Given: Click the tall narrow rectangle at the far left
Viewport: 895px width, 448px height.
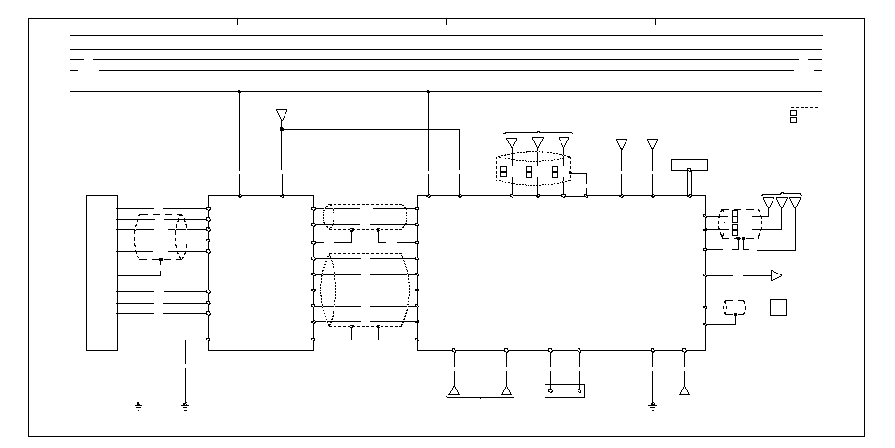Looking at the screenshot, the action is (x=101, y=273).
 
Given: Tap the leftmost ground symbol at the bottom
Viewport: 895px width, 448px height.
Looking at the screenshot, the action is (x=138, y=407).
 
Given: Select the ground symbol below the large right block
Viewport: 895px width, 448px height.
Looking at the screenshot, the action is (x=652, y=407).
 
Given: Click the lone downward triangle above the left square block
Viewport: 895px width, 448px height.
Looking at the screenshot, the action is (x=281, y=115).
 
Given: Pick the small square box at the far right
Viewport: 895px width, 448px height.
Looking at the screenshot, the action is (x=777, y=307).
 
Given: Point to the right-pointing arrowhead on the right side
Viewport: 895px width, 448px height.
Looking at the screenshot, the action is (x=776, y=275).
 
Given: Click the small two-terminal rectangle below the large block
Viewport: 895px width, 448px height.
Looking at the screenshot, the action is (x=564, y=390).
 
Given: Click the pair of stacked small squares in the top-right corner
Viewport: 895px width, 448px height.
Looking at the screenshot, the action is (x=793, y=116).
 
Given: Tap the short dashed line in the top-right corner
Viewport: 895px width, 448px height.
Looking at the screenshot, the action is (x=804, y=108).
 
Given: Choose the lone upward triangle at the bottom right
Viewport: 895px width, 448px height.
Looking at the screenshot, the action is (x=684, y=389).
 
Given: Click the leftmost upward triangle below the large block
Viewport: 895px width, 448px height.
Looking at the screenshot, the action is (x=454, y=390).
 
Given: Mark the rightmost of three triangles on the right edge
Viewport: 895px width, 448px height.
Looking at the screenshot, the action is (x=795, y=203).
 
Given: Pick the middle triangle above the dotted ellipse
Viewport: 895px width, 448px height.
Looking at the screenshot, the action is (x=538, y=143).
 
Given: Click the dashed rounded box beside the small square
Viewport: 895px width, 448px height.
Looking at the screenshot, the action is (x=735, y=307).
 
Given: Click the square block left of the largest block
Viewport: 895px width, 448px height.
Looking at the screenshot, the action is (x=260, y=273).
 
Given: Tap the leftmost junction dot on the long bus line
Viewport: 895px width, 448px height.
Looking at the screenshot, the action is (x=239, y=91).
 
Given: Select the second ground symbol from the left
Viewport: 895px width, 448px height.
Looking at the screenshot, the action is (x=185, y=407).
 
